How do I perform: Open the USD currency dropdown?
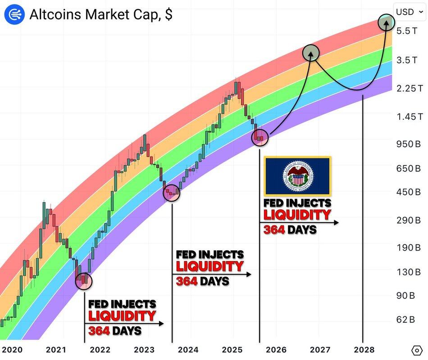[x=410, y=12]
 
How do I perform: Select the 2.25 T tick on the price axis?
[x=410, y=88]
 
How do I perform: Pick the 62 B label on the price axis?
[x=406, y=319]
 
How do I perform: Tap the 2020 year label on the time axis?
[x=12, y=350]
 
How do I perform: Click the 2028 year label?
[x=363, y=350]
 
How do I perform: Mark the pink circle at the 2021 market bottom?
[x=84, y=280]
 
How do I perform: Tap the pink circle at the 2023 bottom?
[x=172, y=193]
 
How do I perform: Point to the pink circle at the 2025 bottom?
[x=260, y=137]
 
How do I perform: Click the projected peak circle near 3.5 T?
[x=310, y=53]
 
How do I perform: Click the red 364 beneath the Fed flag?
[x=274, y=230]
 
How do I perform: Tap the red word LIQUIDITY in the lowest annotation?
[x=122, y=316]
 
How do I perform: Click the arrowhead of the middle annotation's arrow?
[x=249, y=274]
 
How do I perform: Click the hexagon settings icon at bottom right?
[x=417, y=350]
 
